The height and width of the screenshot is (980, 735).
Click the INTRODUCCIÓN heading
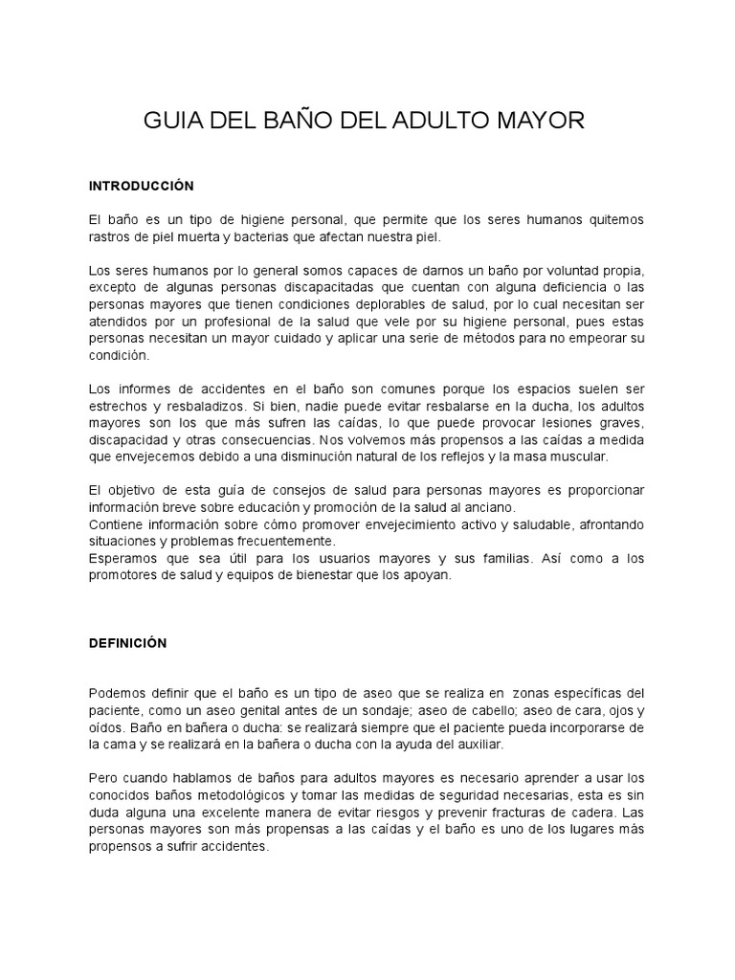tap(141, 185)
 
